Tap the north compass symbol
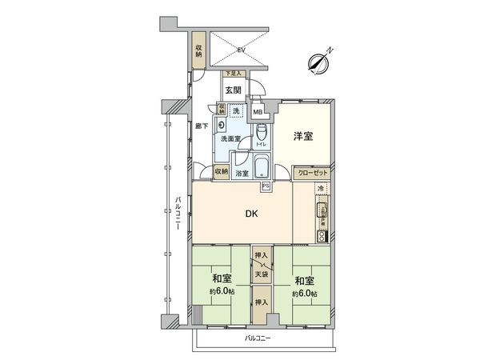[323, 62]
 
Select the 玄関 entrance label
[233, 90]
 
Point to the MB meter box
[258, 112]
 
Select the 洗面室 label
[230, 138]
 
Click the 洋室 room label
[302, 136]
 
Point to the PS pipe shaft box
[265, 187]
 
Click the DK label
[250, 213]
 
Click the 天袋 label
[261, 275]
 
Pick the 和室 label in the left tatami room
[222, 280]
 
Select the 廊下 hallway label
[202, 126]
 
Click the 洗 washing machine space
[236, 110]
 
